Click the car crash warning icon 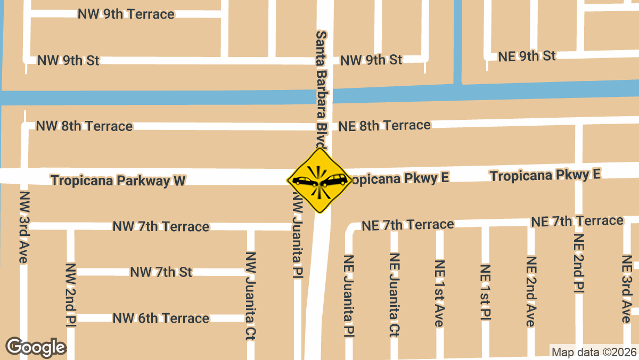[319, 181]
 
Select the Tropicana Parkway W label [118, 181]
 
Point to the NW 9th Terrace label [126, 14]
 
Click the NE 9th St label [527, 56]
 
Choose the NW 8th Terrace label [84, 126]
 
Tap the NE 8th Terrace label [384, 126]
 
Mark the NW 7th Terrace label [161, 227]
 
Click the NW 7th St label [161, 272]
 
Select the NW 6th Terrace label [161, 318]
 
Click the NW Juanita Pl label [297, 235]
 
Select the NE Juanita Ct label [395, 295]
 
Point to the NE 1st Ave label [439, 293]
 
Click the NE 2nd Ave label [531, 291]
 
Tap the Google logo [36, 347]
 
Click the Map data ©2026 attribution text [594, 352]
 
